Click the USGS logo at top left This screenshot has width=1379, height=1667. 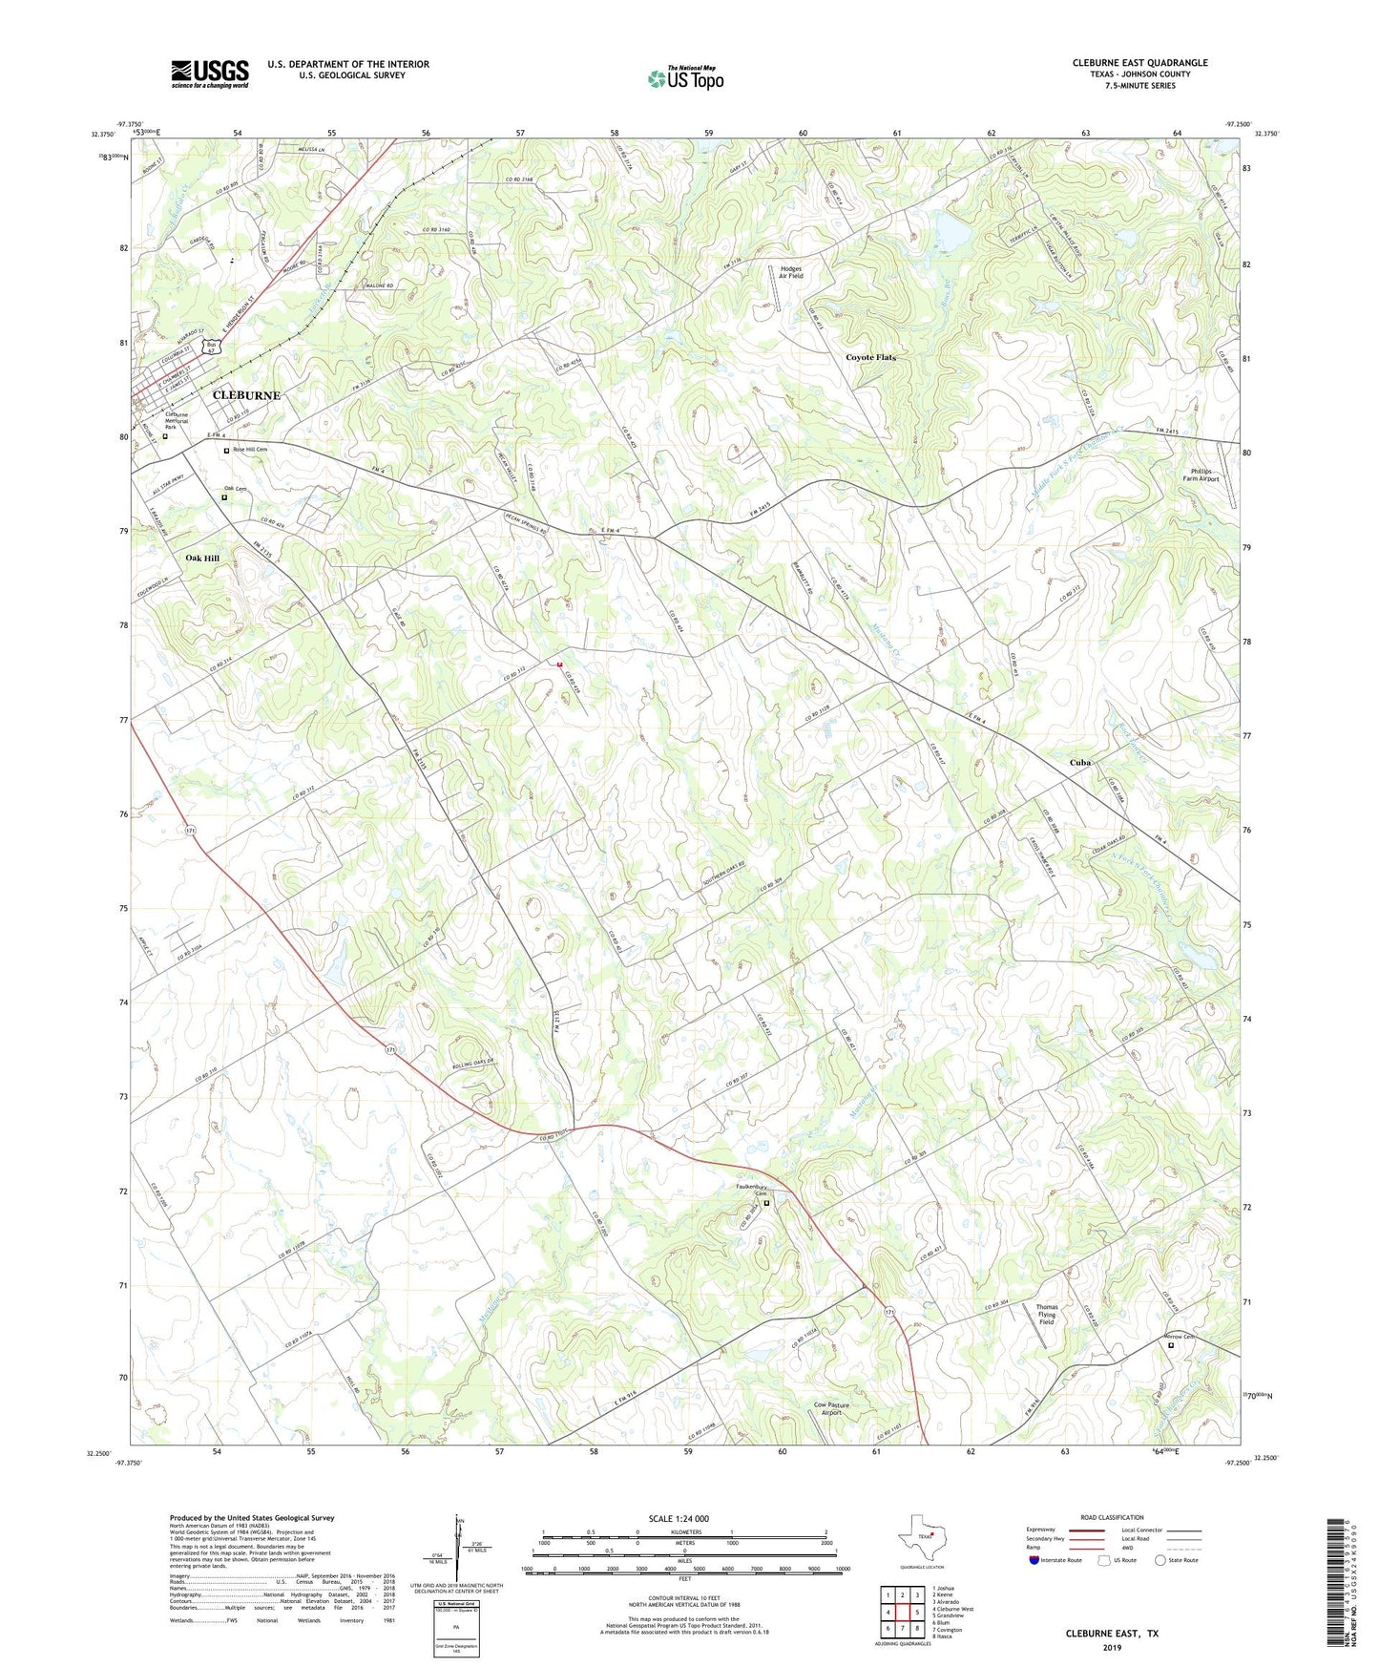click(210, 74)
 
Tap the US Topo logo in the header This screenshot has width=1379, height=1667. click(685, 78)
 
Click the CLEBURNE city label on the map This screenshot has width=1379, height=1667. click(246, 395)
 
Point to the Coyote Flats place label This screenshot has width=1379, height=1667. click(870, 357)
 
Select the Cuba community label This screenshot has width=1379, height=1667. click(1079, 763)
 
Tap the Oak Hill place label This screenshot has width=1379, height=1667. click(202, 559)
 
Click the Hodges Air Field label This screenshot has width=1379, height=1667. click(791, 272)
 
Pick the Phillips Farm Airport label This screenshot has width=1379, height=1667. click(1201, 475)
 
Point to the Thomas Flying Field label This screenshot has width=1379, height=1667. click(1047, 1315)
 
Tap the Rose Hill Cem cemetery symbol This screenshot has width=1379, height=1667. click(227, 451)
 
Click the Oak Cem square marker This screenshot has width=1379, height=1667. click(224, 497)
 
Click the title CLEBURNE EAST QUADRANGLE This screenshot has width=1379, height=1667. click(1139, 63)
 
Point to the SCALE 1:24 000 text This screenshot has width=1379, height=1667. click(678, 1518)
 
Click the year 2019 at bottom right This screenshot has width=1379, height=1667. click(1112, 1647)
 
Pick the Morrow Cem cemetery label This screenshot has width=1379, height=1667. click(1181, 1337)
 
